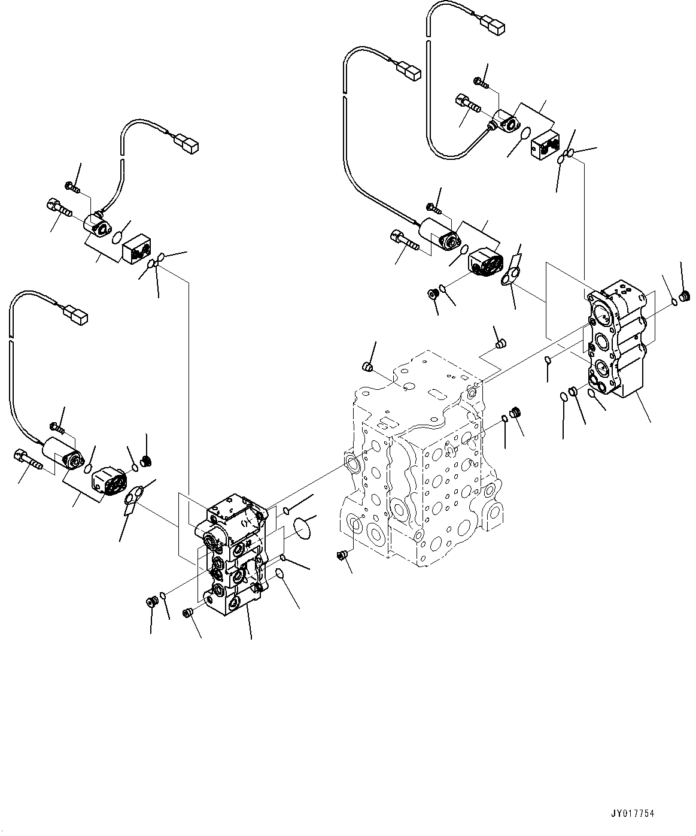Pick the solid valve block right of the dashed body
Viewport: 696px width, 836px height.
point(616,341)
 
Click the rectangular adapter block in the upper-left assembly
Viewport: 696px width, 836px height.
point(137,247)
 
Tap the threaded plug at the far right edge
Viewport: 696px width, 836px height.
point(686,297)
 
